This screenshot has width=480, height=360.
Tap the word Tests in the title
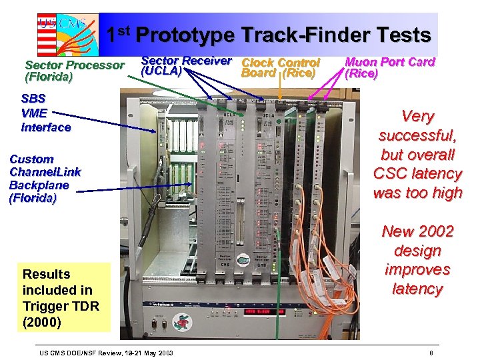[x=399, y=35]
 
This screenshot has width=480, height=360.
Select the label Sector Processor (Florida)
[x=74, y=71]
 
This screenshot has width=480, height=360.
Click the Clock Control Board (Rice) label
[x=281, y=67]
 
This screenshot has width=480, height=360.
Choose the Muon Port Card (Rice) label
[x=389, y=67]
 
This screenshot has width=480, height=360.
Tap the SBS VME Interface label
[x=45, y=113]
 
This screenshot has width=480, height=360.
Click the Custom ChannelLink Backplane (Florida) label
[x=45, y=178]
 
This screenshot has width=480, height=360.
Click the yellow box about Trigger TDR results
[x=65, y=297]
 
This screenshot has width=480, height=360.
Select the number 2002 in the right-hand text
[x=435, y=231]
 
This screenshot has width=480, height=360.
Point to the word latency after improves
[x=417, y=289]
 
